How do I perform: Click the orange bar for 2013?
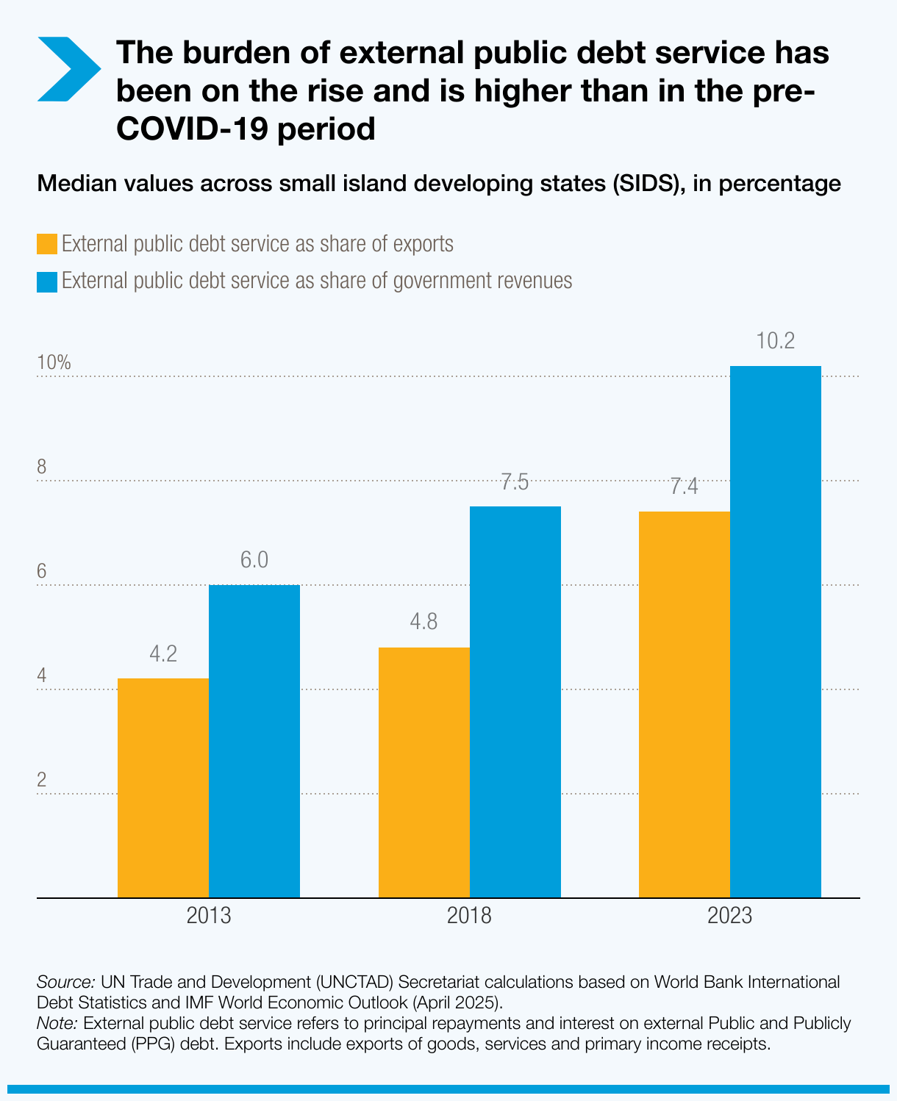163,787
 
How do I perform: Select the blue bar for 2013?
254,741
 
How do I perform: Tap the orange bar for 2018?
424,772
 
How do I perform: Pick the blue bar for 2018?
515,702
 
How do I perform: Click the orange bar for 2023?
685,704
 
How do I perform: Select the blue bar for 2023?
776,631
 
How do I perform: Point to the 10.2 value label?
776,342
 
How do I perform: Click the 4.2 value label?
163,654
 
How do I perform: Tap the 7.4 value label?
684,487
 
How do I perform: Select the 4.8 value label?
424,623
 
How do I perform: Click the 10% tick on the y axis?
54,362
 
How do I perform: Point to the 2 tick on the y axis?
42,780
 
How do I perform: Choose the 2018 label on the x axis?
469,917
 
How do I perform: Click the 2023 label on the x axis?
729,917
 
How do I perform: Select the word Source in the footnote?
65,982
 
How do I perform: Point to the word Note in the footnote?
57,1023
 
